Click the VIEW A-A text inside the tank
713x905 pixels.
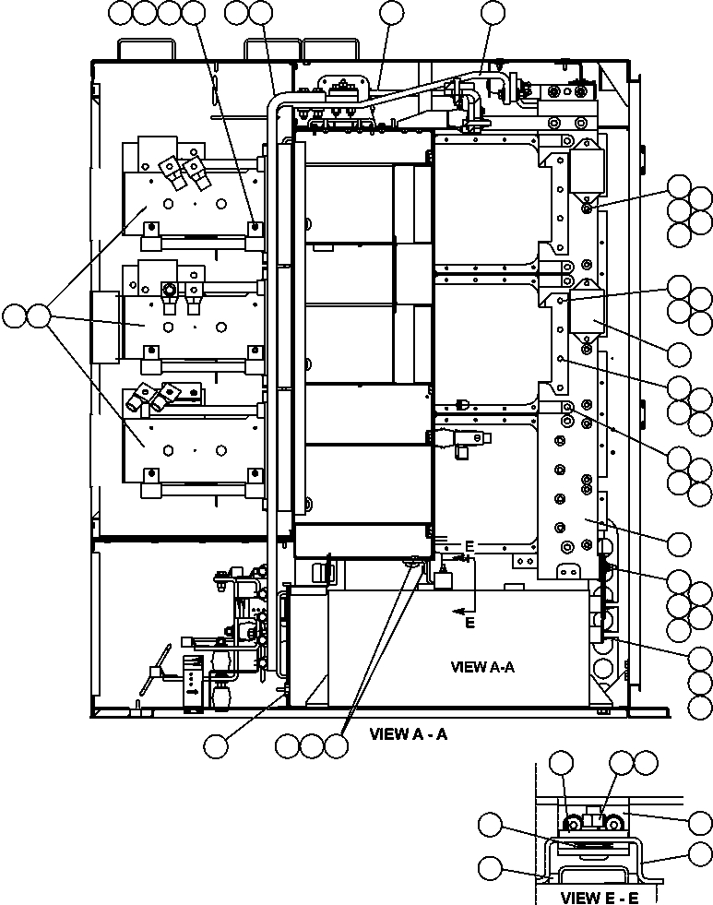(x=481, y=666)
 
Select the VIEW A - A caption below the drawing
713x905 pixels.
(x=408, y=734)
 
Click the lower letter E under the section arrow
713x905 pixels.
(x=469, y=624)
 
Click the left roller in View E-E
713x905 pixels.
(x=573, y=824)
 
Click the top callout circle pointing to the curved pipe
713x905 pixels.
(x=493, y=13)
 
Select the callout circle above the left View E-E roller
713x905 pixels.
(x=561, y=762)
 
